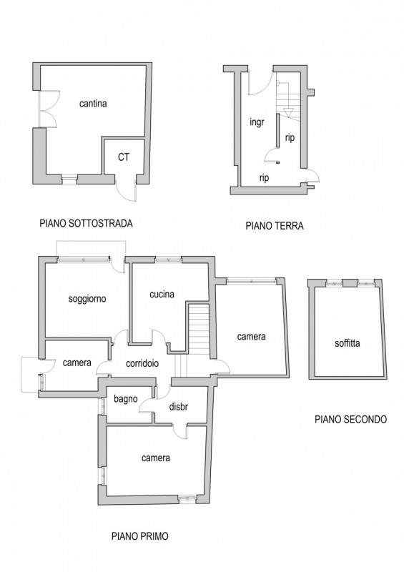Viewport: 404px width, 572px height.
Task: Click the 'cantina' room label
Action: click(93, 104)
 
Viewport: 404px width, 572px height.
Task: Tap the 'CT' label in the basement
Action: click(124, 157)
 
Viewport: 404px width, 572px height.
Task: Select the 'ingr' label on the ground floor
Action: click(257, 122)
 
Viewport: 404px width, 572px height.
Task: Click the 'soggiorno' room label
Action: click(87, 299)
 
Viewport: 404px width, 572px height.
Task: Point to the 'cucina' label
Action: click(162, 294)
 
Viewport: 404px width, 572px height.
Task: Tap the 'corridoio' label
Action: click(142, 363)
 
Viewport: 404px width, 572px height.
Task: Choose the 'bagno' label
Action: click(126, 400)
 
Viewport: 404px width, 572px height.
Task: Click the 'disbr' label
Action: click(179, 406)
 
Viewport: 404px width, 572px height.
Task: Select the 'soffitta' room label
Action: click(348, 343)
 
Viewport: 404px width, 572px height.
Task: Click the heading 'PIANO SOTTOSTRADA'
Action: click(86, 223)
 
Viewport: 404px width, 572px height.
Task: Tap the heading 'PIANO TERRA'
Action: click(275, 226)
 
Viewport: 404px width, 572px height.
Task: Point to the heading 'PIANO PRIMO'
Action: click(140, 536)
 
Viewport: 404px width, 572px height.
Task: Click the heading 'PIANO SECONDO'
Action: click(350, 419)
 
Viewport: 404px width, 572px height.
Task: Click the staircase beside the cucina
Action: click(198, 329)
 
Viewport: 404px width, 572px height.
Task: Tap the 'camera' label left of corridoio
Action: click(77, 363)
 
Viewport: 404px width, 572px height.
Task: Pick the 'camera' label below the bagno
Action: click(156, 458)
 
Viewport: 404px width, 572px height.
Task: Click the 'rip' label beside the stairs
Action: click(290, 138)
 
